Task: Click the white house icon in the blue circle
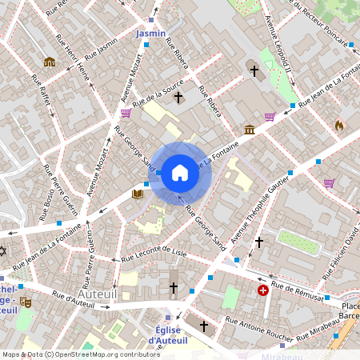pyautogui.click(x=180, y=173)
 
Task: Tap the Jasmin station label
pyautogui.click(x=150, y=34)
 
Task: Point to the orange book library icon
pyautogui.click(x=138, y=194)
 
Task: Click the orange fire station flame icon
pyautogui.click(x=339, y=125)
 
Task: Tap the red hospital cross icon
pyautogui.click(x=263, y=290)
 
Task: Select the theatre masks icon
pyautogui.click(x=26, y=302)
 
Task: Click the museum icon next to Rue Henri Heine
pyautogui.click(x=50, y=62)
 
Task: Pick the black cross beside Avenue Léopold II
pyautogui.click(x=254, y=71)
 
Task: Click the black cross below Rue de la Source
pyautogui.click(x=178, y=99)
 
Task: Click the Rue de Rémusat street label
pyautogui.click(x=297, y=290)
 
